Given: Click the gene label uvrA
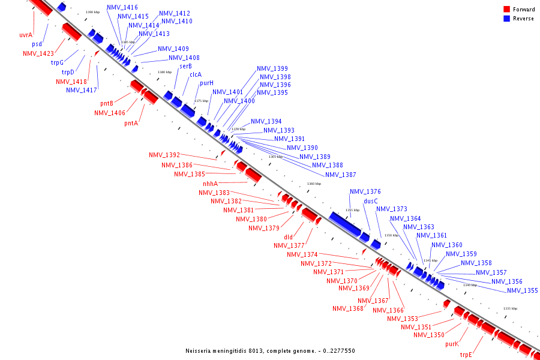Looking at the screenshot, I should pos(26,35).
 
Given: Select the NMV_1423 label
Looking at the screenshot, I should pos(38,53).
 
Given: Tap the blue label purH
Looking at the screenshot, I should pos(207,83).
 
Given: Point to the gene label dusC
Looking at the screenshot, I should pos(371,201).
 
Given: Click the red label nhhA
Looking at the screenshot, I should pos(210,184).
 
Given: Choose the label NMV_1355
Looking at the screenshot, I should pos(522,290).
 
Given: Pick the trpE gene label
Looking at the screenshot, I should pos(466,355).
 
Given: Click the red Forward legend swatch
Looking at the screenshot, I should pos(506,10).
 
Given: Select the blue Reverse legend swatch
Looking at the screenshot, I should pos(506,19).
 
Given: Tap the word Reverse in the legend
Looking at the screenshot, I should pos(523,19).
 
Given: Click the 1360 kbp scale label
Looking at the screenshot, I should pos(314,184).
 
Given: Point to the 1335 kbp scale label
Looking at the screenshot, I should pos(510,308).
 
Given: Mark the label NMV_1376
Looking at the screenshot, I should pos(365,191).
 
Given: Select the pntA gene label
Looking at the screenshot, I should pos(131,123).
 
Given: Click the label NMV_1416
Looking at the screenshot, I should pos(122,8).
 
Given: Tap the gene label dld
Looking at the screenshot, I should pos(289,237).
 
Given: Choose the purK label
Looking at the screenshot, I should pos(452,344).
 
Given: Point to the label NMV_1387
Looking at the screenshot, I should pos(341,175).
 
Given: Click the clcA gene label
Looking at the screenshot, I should pos(196,74).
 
